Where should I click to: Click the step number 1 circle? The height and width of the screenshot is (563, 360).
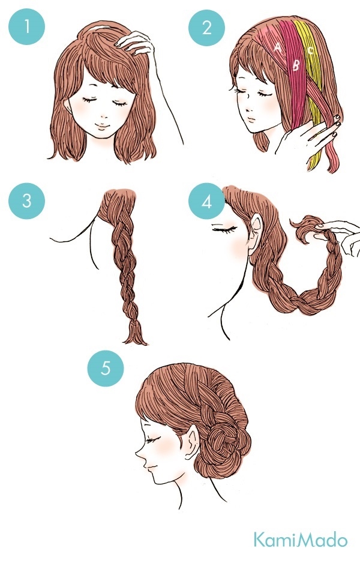coord(27,26)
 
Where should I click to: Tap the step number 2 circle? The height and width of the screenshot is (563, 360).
coord(207,27)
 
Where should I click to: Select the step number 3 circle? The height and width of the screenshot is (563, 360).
coord(27,200)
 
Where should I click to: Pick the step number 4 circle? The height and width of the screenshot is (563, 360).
coord(207,202)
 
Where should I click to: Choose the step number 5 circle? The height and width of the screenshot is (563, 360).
coord(106,368)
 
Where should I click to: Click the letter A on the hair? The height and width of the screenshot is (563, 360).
coord(277,47)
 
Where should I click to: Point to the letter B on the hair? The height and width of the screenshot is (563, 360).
coord(296,65)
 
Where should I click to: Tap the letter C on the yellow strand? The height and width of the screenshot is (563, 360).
coord(310,50)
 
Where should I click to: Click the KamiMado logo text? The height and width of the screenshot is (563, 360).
coord(301,540)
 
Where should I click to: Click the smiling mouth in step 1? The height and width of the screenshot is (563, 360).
coord(102,126)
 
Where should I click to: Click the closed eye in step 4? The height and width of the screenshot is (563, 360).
coord(225,228)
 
